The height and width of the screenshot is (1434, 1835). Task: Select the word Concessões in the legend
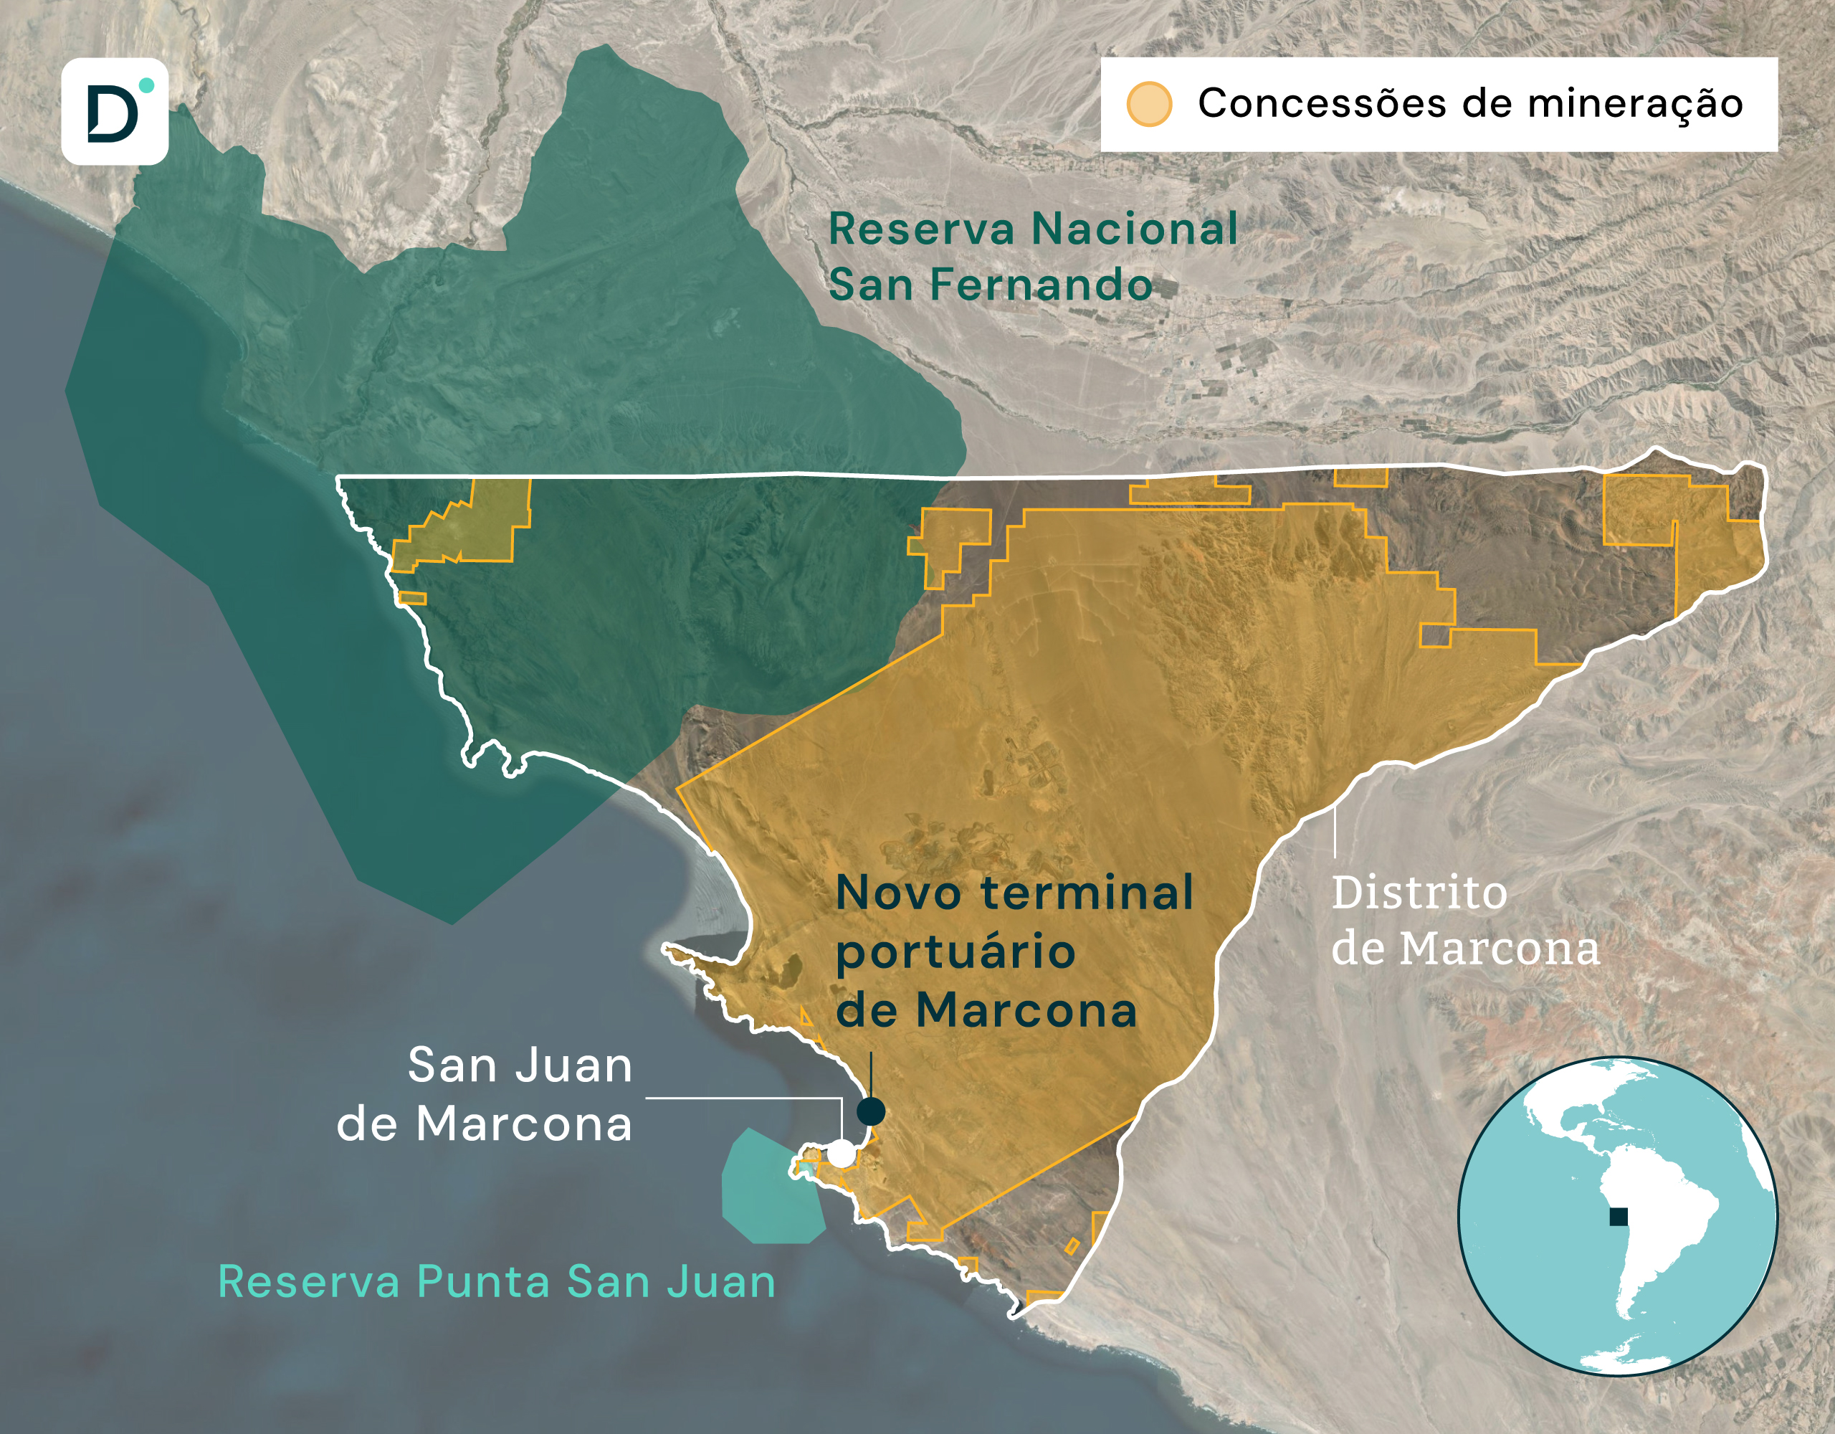(x=1322, y=104)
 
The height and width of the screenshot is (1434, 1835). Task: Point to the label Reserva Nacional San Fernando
(x=1031, y=257)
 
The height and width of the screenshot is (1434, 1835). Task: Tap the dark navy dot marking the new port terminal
(x=870, y=1111)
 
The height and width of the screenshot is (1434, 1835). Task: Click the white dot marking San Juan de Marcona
(x=841, y=1153)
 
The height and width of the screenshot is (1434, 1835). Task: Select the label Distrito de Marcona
(x=1464, y=921)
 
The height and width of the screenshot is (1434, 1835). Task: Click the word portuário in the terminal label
(x=955, y=953)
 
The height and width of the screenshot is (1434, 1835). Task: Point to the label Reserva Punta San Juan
(x=496, y=1282)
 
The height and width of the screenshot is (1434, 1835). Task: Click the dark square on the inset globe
(x=1617, y=1216)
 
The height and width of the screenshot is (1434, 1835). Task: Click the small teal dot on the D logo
(x=146, y=85)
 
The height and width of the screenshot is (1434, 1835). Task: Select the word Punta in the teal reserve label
(x=483, y=1282)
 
